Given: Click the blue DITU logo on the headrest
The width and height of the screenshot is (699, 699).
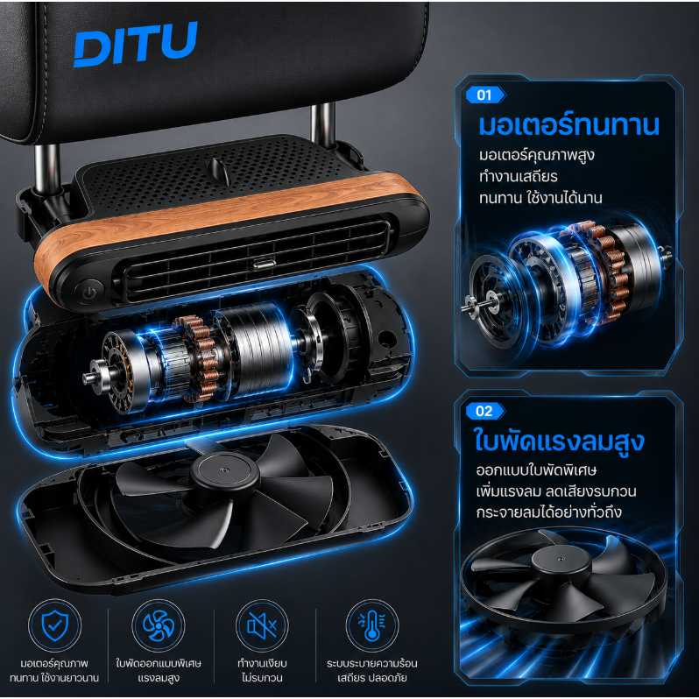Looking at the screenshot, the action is [135, 44].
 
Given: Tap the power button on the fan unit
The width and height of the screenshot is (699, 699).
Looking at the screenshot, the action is [89, 293].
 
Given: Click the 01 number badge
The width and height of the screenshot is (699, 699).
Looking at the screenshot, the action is [485, 95].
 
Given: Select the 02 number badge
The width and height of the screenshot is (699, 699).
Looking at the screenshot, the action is [485, 411].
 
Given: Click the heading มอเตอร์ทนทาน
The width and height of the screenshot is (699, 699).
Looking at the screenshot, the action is [568, 125].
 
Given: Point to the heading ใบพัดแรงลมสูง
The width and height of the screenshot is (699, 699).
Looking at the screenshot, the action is [560, 441].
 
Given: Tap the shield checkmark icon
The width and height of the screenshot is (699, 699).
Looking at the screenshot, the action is [55, 625].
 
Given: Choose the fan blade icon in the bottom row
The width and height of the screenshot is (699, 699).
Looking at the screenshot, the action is [159, 625].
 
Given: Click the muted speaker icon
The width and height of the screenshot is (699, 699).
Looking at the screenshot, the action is [262, 625].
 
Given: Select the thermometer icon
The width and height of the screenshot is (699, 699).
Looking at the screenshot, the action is [371, 625].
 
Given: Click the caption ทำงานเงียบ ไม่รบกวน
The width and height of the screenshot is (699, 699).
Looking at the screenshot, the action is [262, 670].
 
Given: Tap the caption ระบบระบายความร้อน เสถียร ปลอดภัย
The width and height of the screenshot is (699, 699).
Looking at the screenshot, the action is [371, 670].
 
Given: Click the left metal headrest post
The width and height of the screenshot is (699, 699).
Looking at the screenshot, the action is [47, 169].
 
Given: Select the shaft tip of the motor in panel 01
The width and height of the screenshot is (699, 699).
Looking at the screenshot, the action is [467, 307].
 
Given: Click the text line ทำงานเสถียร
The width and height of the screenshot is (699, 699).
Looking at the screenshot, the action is [518, 177].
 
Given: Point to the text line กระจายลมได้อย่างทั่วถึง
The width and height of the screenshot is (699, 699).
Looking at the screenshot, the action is [548, 512].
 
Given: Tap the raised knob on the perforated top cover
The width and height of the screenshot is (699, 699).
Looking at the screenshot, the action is [219, 171].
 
